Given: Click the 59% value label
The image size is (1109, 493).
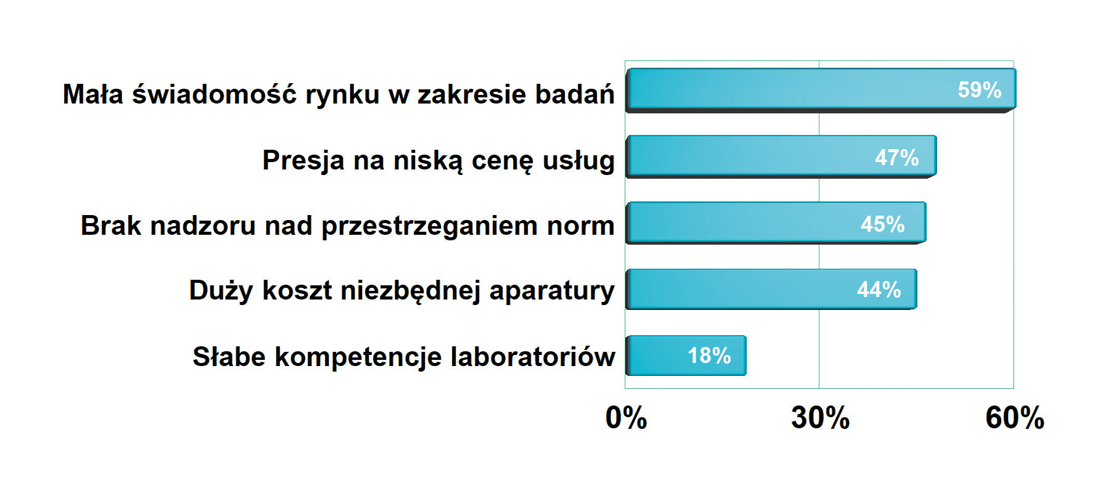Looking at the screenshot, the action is [979, 90].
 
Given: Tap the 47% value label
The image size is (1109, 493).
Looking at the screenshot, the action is [897, 158].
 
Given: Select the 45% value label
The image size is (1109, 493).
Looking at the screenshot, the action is [883, 224].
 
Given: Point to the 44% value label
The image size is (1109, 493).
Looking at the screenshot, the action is [879, 289].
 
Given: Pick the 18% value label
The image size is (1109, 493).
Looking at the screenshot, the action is [709, 356].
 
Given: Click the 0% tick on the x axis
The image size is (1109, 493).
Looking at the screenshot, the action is [626, 418].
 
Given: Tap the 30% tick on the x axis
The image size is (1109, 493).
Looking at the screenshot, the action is [820, 418].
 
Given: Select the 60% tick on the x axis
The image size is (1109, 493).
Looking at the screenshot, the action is [1015, 418].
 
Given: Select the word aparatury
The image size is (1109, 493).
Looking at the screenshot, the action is [552, 291].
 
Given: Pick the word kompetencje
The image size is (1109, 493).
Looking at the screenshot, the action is [358, 358].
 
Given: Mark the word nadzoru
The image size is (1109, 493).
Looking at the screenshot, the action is [203, 226].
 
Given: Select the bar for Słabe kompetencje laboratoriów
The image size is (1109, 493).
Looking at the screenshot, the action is [686, 356].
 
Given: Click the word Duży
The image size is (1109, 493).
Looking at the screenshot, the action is [221, 291].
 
